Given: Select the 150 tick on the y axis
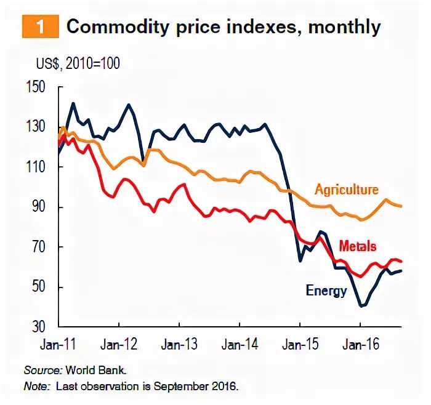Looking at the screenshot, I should (38, 87).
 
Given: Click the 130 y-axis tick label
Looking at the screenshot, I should (38, 127).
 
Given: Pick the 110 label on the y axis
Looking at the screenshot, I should (38, 167).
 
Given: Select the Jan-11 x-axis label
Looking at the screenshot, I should (58, 345).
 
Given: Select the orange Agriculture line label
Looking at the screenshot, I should (346, 190).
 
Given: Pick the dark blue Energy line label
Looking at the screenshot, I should (326, 291).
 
